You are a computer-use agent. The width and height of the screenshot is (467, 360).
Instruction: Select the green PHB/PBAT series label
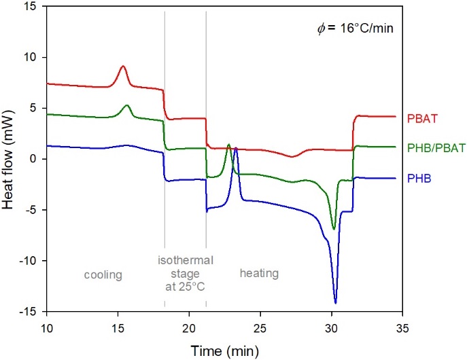coord(434,147)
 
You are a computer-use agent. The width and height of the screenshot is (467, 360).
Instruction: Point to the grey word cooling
coord(103,274)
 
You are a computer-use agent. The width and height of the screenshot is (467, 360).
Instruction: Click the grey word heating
coord(259,273)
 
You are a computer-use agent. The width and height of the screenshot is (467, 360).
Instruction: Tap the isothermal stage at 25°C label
coord(186,273)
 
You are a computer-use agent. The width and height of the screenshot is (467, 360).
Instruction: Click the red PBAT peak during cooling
coord(123,67)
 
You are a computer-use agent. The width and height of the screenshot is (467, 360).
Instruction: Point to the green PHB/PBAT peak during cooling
coord(126,105)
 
